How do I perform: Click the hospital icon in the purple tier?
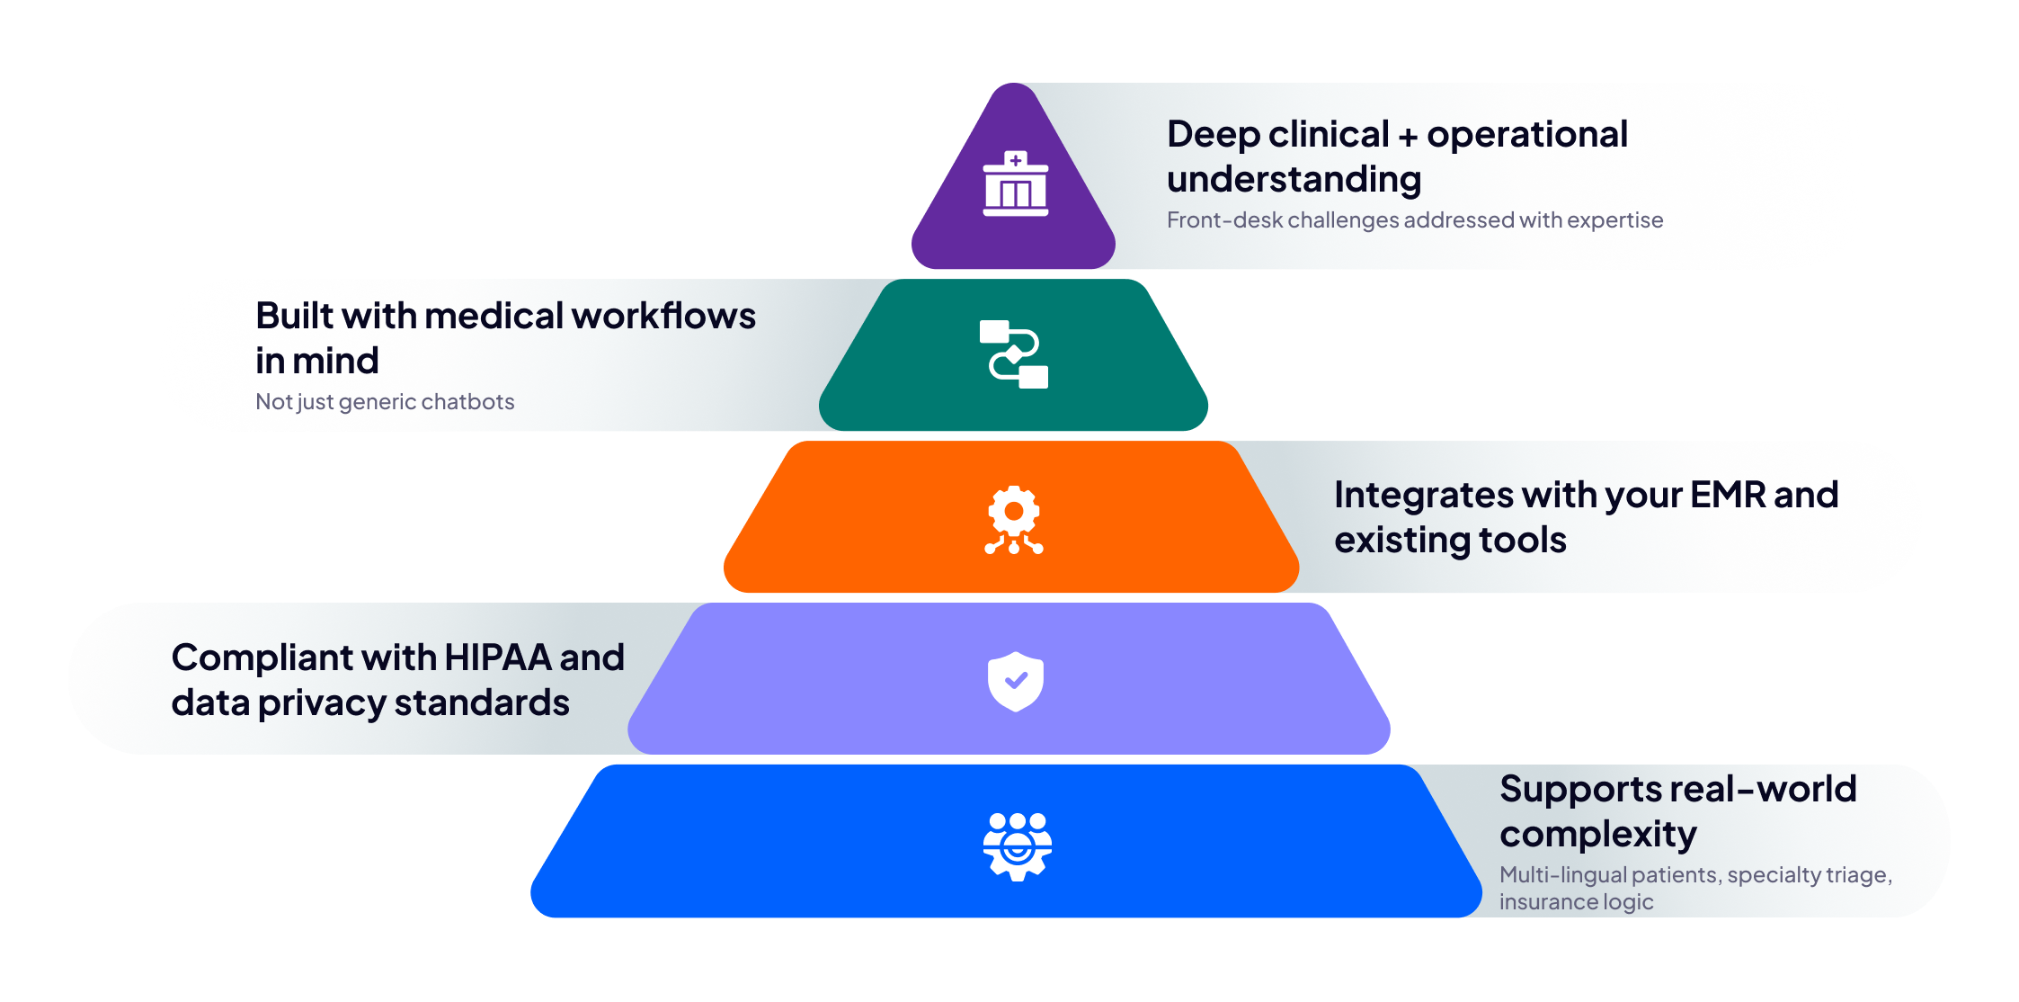click(x=1015, y=183)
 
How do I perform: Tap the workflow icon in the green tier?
click(x=1014, y=354)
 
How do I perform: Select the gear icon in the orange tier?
click(x=1014, y=519)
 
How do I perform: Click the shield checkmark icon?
click(x=1015, y=681)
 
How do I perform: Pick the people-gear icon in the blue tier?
click(x=1017, y=845)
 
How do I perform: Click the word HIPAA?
click(x=498, y=658)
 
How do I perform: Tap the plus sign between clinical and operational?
click(x=1408, y=136)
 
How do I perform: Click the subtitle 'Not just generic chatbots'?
click(x=385, y=401)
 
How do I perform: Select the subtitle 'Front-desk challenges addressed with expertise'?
click(x=1414, y=219)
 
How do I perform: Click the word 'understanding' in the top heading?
click(x=1294, y=179)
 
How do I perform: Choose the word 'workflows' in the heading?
click(x=663, y=316)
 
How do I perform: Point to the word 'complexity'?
click(x=1597, y=834)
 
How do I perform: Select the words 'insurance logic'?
click(x=1576, y=901)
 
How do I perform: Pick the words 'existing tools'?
click(x=1450, y=540)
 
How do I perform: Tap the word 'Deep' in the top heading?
click(x=1213, y=134)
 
